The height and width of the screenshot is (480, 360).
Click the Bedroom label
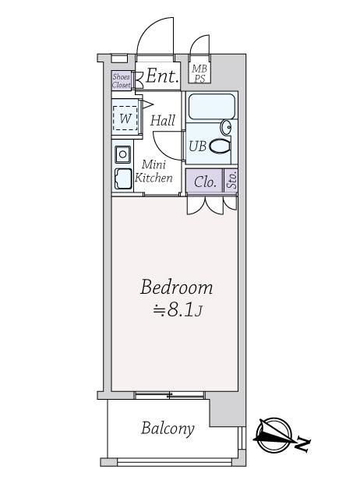coord(176,287)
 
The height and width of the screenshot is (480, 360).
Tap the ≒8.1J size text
coord(178,311)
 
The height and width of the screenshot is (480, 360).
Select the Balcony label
coord(168,429)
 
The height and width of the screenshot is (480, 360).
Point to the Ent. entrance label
coord(162,76)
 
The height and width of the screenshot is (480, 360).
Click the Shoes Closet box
coord(122,80)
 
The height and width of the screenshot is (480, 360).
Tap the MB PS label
coord(199,73)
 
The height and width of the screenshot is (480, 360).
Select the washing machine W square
coord(125,118)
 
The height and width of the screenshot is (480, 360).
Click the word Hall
coord(163,120)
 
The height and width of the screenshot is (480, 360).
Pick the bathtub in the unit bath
coord(211,107)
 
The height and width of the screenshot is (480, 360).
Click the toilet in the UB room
coord(220,146)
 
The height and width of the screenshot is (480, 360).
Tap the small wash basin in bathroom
coord(226,127)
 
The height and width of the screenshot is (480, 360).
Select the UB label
coord(197,146)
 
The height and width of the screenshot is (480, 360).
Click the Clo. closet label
coord(205,182)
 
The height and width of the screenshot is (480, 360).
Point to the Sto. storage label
coord(232,180)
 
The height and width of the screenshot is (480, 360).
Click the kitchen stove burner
coord(123,154)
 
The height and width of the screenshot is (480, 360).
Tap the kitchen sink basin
coord(123,178)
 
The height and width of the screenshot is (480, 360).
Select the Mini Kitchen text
coord(154,171)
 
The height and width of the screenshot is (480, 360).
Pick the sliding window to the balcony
coord(169,395)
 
